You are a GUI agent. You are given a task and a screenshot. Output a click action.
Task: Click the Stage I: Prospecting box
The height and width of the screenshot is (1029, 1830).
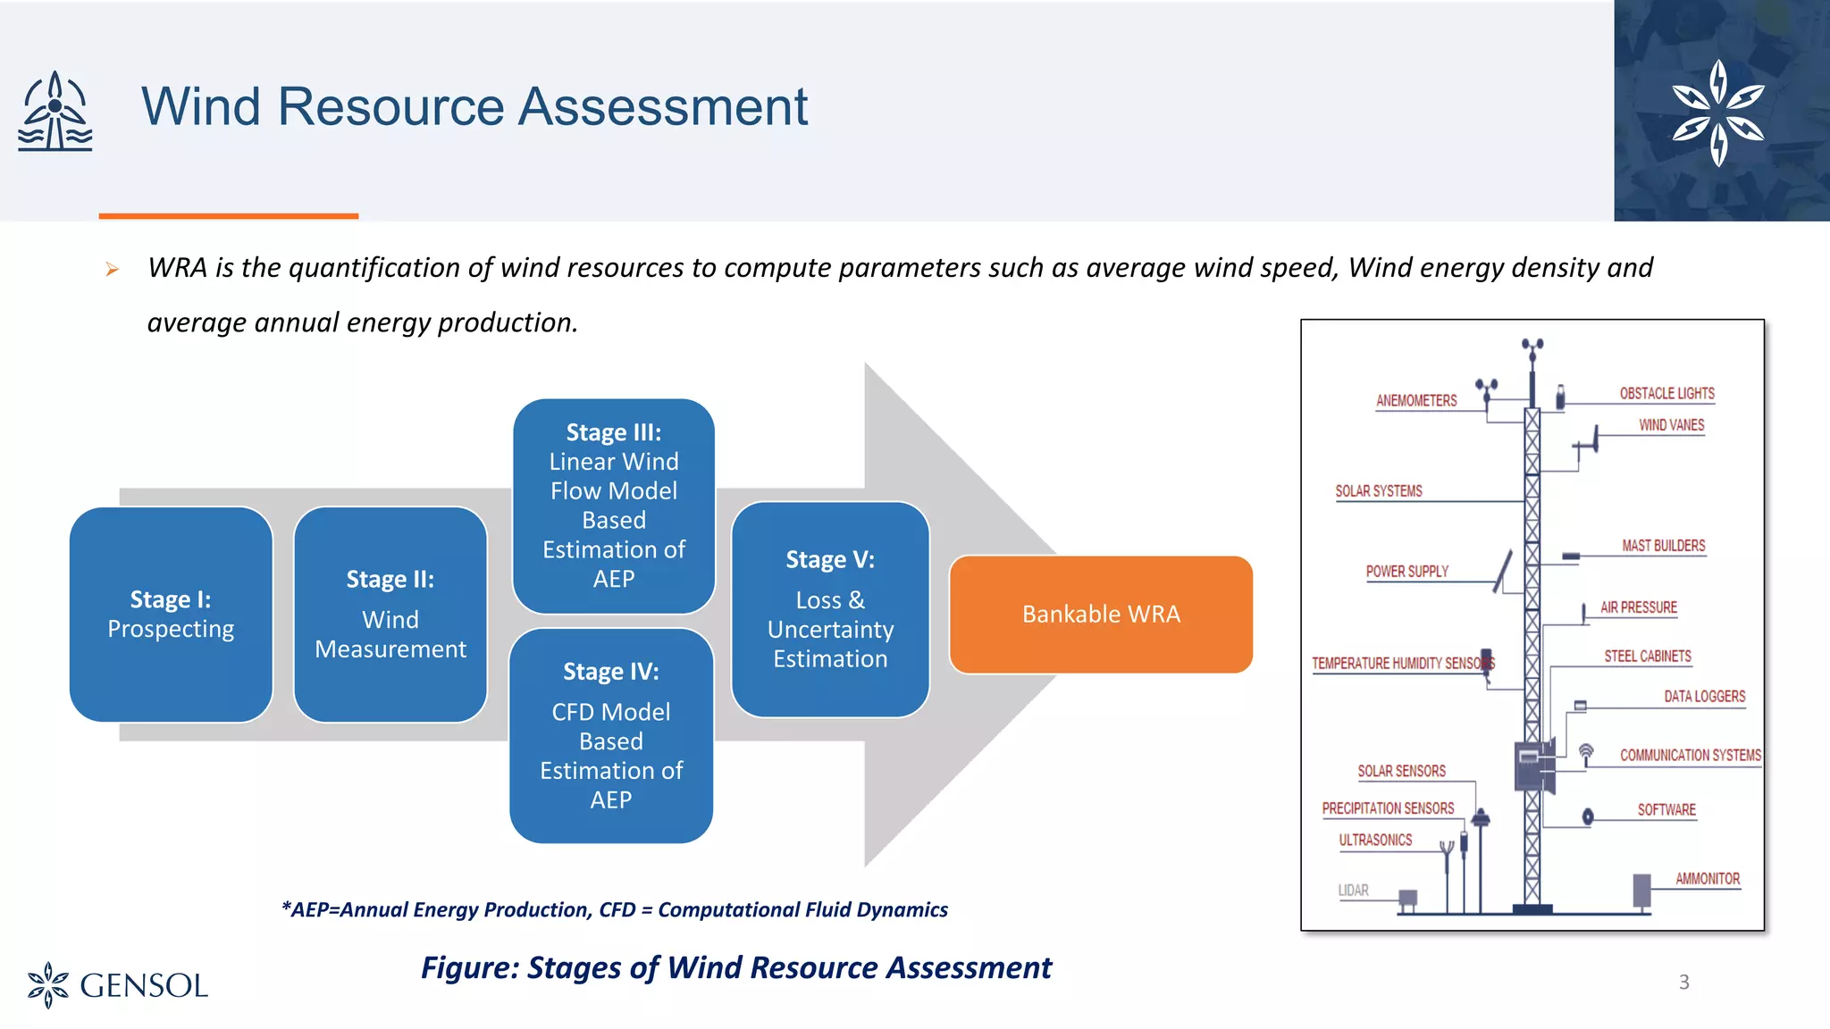click(171, 615)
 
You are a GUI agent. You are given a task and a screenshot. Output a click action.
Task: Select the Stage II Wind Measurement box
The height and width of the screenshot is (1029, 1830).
click(390, 615)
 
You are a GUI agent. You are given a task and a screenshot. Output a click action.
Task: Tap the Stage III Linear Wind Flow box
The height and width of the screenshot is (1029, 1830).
click(614, 506)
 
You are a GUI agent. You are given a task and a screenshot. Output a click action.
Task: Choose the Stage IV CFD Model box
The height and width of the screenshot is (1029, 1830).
click(611, 735)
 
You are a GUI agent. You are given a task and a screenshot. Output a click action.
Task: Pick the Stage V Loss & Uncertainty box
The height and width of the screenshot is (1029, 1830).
click(830, 609)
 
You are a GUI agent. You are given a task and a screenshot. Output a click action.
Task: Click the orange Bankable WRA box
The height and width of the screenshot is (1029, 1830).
click(1101, 615)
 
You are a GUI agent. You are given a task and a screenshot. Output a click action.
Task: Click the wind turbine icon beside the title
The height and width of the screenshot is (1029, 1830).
click(55, 111)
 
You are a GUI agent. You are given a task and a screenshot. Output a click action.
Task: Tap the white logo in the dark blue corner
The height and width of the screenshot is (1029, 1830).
click(1718, 113)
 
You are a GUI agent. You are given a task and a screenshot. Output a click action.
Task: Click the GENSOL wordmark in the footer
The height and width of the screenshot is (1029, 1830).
click(143, 986)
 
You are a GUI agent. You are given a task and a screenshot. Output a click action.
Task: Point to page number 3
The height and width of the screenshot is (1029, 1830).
click(1684, 983)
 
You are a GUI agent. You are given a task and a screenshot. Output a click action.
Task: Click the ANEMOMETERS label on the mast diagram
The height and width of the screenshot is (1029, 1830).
click(1416, 401)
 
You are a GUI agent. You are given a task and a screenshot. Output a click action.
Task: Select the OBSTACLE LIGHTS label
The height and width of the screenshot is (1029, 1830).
click(1666, 394)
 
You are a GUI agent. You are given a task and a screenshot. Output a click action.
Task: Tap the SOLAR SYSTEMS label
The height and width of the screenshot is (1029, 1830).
click(1379, 491)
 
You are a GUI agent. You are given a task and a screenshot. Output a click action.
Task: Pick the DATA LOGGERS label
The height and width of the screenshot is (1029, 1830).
click(1704, 697)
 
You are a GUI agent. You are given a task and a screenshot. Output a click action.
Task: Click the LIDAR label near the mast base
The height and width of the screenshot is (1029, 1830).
click(1353, 891)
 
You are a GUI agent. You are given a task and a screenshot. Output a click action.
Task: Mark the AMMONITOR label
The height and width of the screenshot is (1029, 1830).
click(1708, 879)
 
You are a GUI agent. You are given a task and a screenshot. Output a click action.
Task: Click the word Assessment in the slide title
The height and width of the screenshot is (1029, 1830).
click(663, 107)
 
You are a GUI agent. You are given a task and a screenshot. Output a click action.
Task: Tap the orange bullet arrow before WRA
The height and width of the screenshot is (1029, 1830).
click(112, 269)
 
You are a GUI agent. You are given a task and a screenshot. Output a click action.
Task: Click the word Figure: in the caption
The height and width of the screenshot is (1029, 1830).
click(470, 968)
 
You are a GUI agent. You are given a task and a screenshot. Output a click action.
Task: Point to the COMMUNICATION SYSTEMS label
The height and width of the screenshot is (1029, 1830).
click(1690, 756)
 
